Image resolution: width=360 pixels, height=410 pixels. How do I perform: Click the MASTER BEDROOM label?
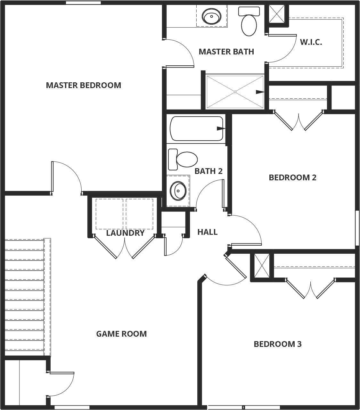pos(84,85)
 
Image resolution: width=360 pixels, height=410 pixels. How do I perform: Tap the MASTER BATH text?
pos(226,52)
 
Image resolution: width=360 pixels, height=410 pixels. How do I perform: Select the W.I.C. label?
pos(311,42)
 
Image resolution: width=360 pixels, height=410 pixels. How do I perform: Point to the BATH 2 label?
pos(209,171)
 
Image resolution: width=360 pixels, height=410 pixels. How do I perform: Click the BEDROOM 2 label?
pos(292,177)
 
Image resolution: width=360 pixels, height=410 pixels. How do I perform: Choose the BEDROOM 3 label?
pos(278,344)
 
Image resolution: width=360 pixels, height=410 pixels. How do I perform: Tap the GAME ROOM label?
pos(121,334)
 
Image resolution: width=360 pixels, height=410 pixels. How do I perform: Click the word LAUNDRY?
pos(125,233)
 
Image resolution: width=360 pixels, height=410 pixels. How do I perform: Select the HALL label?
pos(208,232)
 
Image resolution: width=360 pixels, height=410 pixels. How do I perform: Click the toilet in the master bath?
pos(249,21)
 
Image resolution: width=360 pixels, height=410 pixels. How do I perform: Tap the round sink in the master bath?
pos(211,16)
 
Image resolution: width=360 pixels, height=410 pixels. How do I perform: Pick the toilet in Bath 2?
pos(183,160)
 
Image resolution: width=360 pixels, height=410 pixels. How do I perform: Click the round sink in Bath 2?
pos(178,191)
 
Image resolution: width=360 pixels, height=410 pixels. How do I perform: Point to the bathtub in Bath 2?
pos(196,128)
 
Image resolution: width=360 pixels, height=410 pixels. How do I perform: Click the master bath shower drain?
pos(235,92)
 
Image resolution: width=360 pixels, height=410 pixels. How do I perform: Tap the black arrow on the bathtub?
pos(221,128)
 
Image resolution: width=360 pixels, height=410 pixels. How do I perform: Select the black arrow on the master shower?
pos(260,92)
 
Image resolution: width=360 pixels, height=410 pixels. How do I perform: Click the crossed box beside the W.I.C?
pos(276,14)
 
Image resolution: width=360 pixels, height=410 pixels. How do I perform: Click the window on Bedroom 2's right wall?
pos(357,228)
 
